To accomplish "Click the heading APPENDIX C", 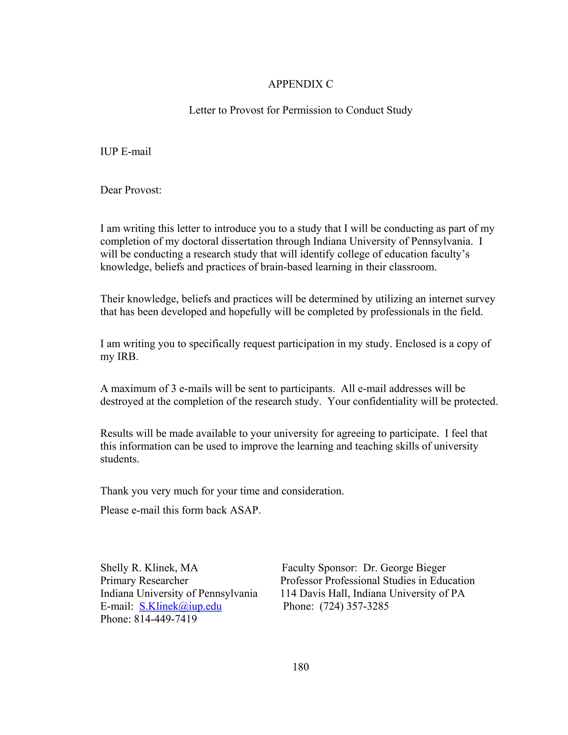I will pyautogui.click(x=300, y=84).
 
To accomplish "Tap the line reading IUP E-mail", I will pyautogui.click(x=126, y=152).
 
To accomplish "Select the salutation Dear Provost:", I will pyautogui.click(x=131, y=190).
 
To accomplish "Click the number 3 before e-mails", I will pyautogui.click(x=173, y=389).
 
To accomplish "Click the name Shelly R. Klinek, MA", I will pyautogui.click(x=149, y=568).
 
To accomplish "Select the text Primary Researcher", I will pyautogui.click(x=144, y=581).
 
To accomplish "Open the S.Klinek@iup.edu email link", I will pyautogui.click(x=180, y=606).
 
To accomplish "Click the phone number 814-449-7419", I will pyautogui.click(x=165, y=619).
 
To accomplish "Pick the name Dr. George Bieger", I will pyautogui.click(x=404, y=568).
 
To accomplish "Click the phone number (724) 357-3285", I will pyautogui.click(x=354, y=606).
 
